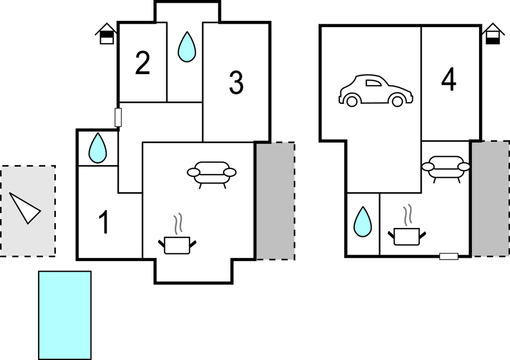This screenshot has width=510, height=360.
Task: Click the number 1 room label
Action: [x=103, y=223]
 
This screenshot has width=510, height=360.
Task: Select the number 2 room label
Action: [x=142, y=64]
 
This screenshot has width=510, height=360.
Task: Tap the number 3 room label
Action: [x=236, y=83]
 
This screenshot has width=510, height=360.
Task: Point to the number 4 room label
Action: [x=449, y=81]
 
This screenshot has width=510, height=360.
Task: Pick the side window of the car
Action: [x=374, y=83]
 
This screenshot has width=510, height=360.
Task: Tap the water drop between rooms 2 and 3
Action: [x=187, y=46]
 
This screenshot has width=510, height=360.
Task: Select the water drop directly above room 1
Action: [x=98, y=148]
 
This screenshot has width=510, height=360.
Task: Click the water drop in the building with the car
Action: [x=362, y=221]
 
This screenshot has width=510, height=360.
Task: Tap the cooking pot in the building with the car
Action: [x=407, y=235]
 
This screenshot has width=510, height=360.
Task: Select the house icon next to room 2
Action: [x=107, y=34]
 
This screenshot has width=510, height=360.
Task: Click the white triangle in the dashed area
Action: [x=25, y=208]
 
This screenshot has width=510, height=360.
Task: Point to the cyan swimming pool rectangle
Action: [x=65, y=315]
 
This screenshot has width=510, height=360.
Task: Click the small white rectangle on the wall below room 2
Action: [x=118, y=118]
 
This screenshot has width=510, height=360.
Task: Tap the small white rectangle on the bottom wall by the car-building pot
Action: [x=449, y=256]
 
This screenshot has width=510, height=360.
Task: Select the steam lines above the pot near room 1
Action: [x=178, y=224]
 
